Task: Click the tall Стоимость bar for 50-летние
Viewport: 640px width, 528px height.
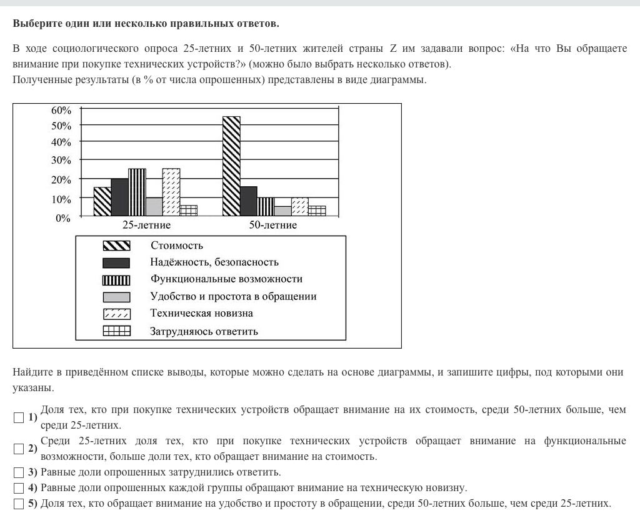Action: [x=231, y=166]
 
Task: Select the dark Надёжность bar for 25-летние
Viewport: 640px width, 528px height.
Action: [x=119, y=197]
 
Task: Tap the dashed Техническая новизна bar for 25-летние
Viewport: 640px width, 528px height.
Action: [x=171, y=192]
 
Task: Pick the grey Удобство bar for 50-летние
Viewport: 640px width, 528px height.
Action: [x=282, y=211]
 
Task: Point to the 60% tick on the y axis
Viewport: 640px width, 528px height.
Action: [x=61, y=110]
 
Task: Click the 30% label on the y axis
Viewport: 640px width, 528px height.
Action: [x=61, y=160]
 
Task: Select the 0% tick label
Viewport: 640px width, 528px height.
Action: [x=64, y=219]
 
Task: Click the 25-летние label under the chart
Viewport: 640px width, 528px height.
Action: [x=146, y=225]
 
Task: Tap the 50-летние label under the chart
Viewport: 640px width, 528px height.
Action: [x=273, y=225]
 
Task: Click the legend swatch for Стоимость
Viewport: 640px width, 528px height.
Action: [x=116, y=246]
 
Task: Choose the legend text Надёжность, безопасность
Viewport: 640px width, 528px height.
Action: [x=214, y=262]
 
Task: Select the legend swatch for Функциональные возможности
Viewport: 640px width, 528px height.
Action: [x=116, y=280]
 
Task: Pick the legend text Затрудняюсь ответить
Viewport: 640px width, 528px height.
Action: [x=204, y=331]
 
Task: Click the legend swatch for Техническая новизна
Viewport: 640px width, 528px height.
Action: [x=116, y=314]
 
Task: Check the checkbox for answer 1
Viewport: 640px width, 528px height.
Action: [x=19, y=417]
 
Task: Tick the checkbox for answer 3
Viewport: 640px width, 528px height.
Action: [x=19, y=472]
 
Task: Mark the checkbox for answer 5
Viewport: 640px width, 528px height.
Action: [x=19, y=504]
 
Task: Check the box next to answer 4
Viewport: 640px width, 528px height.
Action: [x=19, y=488]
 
